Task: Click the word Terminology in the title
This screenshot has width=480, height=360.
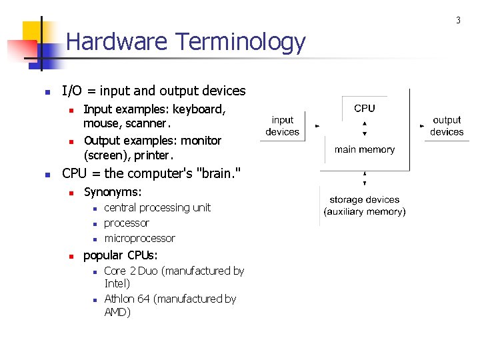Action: pyautogui.click(x=241, y=43)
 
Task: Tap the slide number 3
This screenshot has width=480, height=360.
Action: pyautogui.click(x=458, y=21)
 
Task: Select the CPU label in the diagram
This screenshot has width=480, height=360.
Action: pyautogui.click(x=365, y=108)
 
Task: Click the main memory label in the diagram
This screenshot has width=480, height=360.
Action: pyautogui.click(x=365, y=149)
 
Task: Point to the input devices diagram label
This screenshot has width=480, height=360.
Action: pyautogui.click(x=282, y=126)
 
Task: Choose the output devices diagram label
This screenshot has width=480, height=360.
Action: pyautogui.click(x=447, y=126)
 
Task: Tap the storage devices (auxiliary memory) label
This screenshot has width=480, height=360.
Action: pyautogui.click(x=365, y=205)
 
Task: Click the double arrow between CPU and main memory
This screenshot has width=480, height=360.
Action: pyautogui.click(x=365, y=129)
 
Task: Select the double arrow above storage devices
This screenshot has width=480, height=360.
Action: pyautogui.click(x=365, y=178)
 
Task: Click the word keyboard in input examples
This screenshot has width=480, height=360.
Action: pyautogui.click(x=199, y=109)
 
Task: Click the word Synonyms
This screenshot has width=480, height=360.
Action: pyautogui.click(x=112, y=192)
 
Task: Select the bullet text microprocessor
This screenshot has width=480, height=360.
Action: pyautogui.click(x=139, y=238)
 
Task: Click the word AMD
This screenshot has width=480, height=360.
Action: pyautogui.click(x=117, y=312)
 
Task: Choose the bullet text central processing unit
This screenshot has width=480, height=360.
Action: pyautogui.click(x=157, y=207)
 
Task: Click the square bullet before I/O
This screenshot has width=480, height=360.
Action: pyautogui.click(x=47, y=92)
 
